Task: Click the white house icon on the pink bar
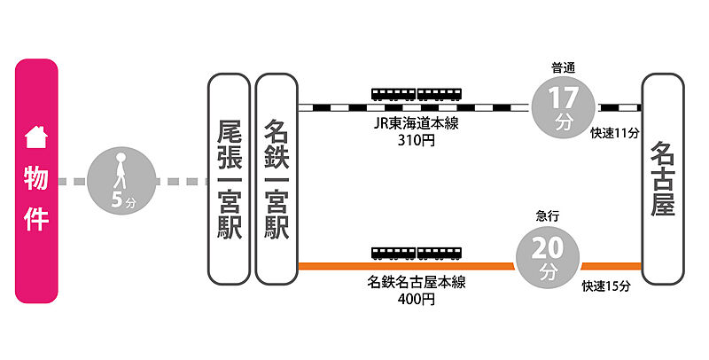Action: (36, 137)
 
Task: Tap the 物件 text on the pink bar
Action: (36, 199)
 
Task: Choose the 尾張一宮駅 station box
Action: (228, 179)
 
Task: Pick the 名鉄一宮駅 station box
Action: (276, 179)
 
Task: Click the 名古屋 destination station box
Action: (662, 179)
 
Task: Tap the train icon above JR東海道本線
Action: (417, 94)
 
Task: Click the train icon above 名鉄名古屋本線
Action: (417, 253)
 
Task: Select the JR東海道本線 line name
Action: (417, 123)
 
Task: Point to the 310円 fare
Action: (417, 140)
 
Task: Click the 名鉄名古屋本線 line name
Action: (417, 283)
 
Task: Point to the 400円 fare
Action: (417, 300)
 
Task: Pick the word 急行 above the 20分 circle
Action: (548, 215)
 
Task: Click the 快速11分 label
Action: (614, 132)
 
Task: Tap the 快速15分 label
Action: (605, 286)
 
